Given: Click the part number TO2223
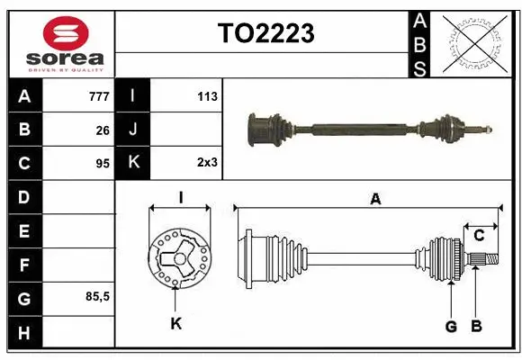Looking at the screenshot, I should click(265, 33).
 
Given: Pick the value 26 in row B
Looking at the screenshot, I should click(103, 130).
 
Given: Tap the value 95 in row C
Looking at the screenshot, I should click(103, 164).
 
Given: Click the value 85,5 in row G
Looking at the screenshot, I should click(97, 296).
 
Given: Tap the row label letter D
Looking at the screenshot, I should click(23, 197).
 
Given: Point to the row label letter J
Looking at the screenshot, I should click(133, 130).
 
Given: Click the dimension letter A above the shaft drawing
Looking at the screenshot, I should click(375, 200).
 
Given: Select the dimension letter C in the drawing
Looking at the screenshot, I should click(479, 236).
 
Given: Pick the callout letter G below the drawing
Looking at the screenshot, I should click(451, 326).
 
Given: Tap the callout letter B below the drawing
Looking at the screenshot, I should click(477, 326).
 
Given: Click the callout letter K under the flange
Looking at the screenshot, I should click(176, 323).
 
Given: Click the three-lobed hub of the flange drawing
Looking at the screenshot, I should click(178, 261).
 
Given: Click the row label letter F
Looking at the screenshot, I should click(23, 265).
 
